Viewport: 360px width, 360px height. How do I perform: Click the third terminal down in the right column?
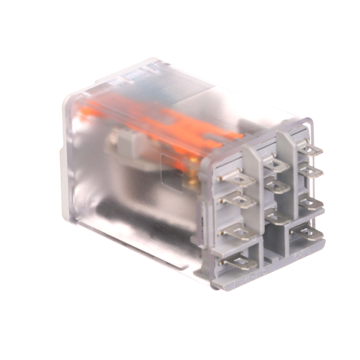tap(310, 205)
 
